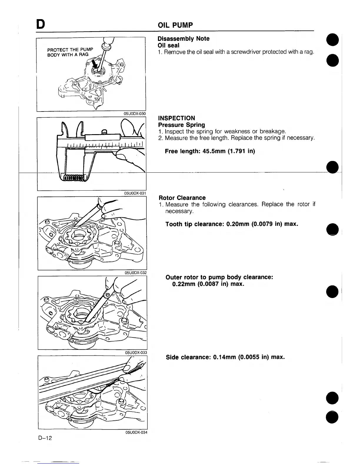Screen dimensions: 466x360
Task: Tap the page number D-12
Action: click(x=45, y=438)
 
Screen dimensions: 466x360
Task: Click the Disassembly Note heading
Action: click(x=184, y=39)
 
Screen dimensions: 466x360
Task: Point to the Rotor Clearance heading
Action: click(x=182, y=198)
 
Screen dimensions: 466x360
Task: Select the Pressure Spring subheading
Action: click(x=181, y=125)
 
